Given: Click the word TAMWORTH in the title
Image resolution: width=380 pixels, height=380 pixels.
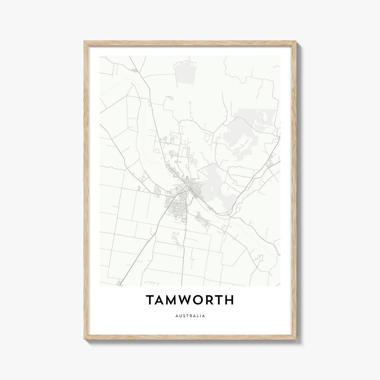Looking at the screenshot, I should click(x=190, y=300).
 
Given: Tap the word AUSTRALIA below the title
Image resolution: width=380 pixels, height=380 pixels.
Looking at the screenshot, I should click(x=190, y=316).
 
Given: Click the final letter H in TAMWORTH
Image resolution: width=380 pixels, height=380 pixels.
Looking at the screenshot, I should click(x=229, y=300).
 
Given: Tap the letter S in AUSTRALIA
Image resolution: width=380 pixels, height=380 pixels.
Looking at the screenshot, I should click(x=182, y=316).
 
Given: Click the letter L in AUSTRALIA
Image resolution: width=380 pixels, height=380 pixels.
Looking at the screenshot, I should click(x=197, y=316).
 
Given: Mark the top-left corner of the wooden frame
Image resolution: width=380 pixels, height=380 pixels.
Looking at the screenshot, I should click(x=84, y=42).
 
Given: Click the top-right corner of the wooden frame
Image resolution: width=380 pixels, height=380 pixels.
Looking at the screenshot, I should click(x=296, y=42).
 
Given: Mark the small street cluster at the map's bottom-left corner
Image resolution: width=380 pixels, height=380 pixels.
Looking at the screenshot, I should click(x=120, y=283).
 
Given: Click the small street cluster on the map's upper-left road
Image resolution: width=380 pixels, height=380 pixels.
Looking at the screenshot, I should click(x=134, y=71).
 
